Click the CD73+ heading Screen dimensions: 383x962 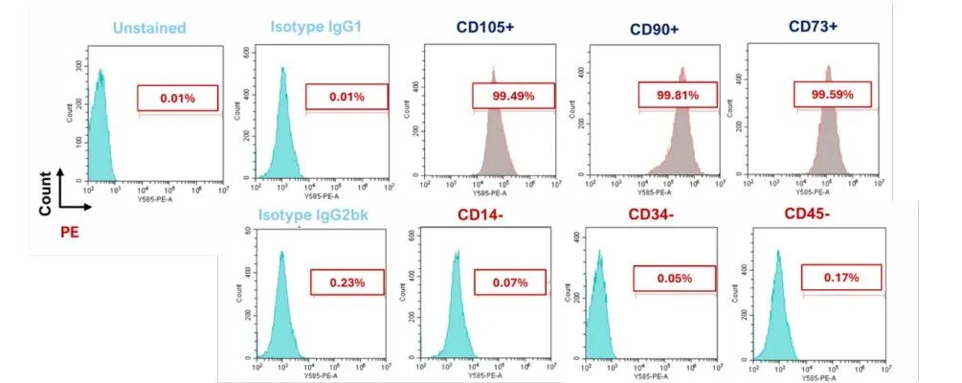point(813,27)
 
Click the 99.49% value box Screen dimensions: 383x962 point(513,95)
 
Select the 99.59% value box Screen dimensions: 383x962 point(832,95)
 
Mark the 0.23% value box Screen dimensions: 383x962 point(347,282)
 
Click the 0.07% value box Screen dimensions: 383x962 point(509,282)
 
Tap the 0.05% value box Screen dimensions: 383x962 point(674,278)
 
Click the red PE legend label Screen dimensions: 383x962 point(69,230)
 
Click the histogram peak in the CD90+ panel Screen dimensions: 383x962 point(683,70)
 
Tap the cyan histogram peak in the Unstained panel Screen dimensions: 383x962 point(100,71)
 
